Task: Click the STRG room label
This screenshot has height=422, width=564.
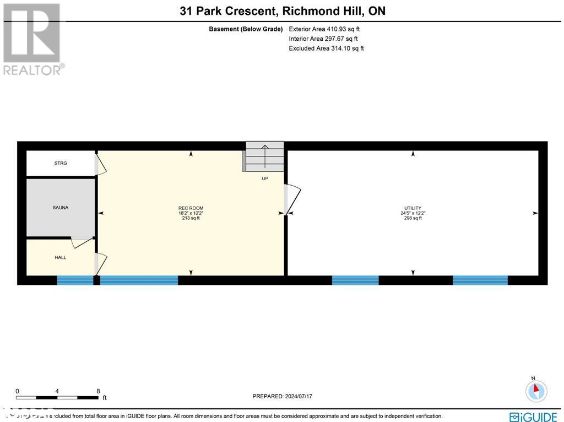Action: [x=61, y=163]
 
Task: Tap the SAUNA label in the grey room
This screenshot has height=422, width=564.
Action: [x=61, y=207]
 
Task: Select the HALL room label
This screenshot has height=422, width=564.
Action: [x=61, y=257]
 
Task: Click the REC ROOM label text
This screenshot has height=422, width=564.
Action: [x=191, y=208]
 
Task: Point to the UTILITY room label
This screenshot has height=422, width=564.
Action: [x=413, y=208]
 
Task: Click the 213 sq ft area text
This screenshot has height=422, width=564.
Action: [x=191, y=218]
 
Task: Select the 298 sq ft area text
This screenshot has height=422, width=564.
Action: [x=413, y=218]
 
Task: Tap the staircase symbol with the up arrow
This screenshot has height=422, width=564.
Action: [x=265, y=156]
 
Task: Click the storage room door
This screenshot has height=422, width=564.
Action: [x=100, y=165]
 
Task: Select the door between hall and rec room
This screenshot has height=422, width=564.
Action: [x=101, y=263]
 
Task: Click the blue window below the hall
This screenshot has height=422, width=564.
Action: [x=75, y=280]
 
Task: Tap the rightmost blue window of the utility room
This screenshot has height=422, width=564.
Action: [x=480, y=280]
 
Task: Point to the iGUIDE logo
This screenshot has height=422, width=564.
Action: [x=533, y=416]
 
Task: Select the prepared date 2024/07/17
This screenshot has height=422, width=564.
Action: [x=282, y=396]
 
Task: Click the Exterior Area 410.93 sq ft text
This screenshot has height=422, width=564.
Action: [x=325, y=29]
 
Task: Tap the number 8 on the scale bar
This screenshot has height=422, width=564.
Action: [x=98, y=391]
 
